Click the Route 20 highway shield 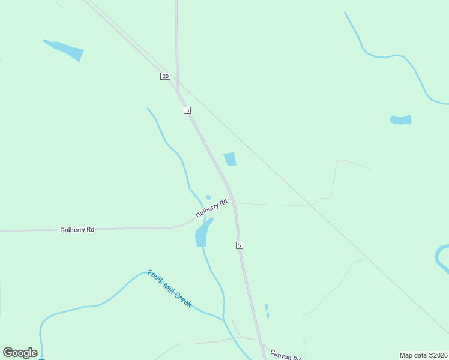(x=166, y=76)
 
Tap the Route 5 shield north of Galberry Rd (x=187, y=110)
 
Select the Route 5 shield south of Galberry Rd (x=239, y=245)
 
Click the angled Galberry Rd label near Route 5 (x=212, y=208)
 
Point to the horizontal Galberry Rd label (x=77, y=230)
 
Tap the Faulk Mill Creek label (x=170, y=289)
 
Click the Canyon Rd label (x=285, y=355)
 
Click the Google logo (x=20, y=353)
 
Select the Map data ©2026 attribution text (x=423, y=355)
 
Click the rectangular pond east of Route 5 (x=230, y=159)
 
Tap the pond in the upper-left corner (x=65, y=50)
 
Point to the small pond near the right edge (x=400, y=120)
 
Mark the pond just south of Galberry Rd (x=202, y=235)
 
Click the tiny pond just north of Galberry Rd (x=208, y=197)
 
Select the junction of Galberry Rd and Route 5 (x=232, y=200)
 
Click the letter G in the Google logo (x=8, y=353)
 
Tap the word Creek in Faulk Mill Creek (x=182, y=299)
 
